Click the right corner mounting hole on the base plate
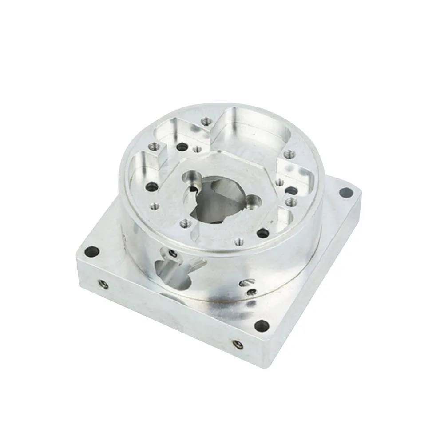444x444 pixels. [344, 192]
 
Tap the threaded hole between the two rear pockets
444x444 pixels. [205, 121]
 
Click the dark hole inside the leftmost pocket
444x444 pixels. [153, 187]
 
